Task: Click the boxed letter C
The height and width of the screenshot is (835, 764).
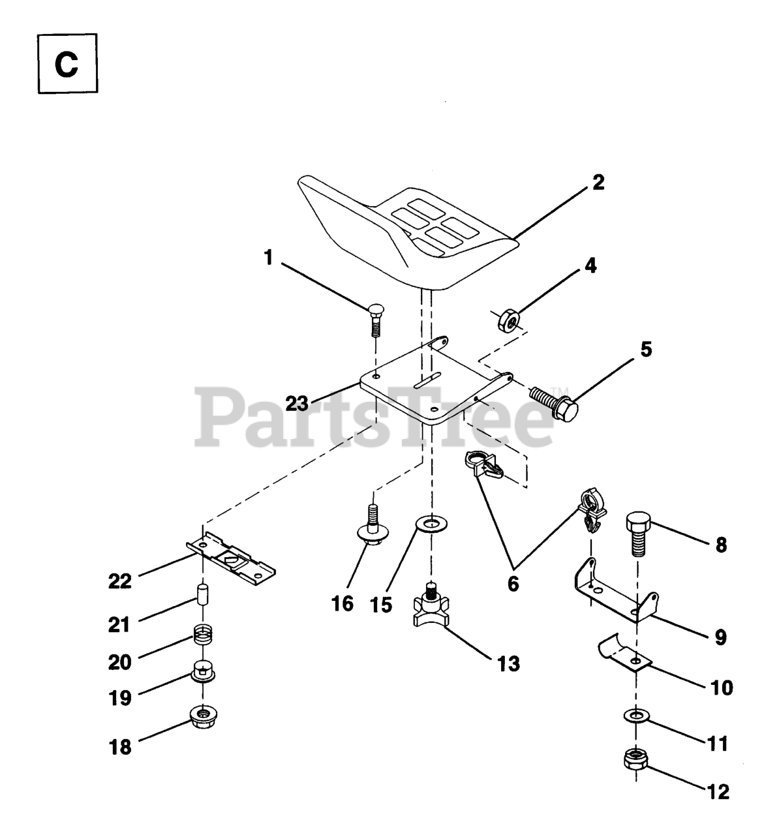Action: [x=66, y=64]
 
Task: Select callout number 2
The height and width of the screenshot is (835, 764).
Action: [x=598, y=182]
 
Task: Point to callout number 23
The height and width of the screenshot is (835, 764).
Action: [x=297, y=404]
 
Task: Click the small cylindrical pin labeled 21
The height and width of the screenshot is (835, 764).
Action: [x=202, y=596]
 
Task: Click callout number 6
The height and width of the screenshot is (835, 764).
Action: [x=513, y=584]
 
